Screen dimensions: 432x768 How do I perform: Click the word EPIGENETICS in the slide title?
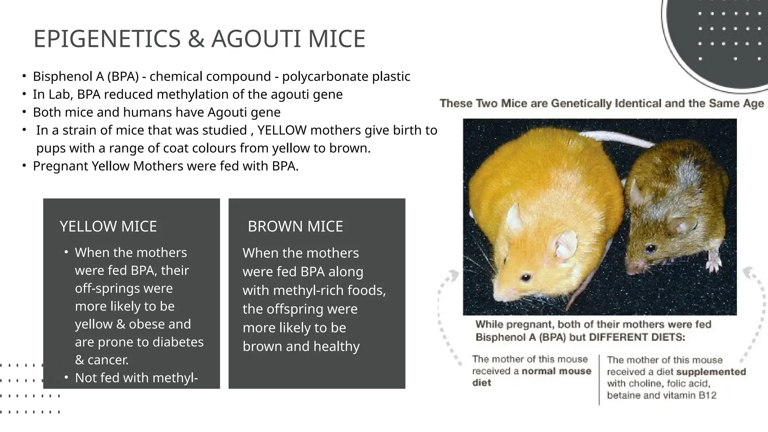(x=107, y=39)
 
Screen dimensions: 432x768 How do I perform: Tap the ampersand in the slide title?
(x=196, y=39)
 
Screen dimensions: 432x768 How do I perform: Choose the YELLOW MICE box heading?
(x=108, y=226)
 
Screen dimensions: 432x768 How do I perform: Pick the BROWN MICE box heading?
(x=295, y=226)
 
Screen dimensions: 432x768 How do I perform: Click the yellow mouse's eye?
(x=526, y=277)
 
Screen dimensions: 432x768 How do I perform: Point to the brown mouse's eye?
(x=651, y=248)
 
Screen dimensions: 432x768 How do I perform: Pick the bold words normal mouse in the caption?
(x=556, y=371)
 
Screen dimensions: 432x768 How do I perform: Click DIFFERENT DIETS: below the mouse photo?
(x=637, y=337)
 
